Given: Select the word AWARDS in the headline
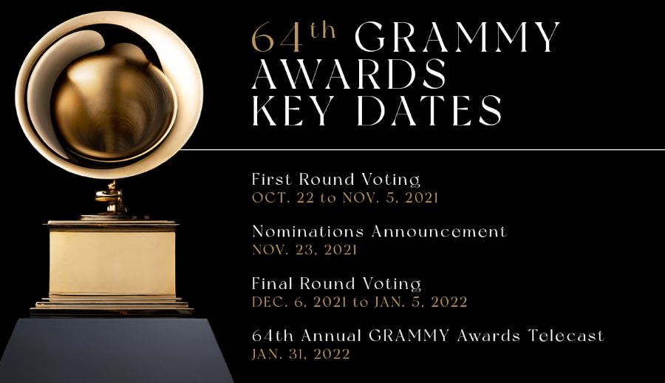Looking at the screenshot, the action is [349, 74].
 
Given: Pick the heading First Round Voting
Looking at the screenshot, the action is [336, 179].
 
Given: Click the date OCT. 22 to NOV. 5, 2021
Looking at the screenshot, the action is [345, 198].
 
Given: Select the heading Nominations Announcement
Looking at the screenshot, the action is [379, 231].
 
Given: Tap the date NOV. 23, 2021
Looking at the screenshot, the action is [304, 250].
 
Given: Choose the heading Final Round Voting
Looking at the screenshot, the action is [336, 283].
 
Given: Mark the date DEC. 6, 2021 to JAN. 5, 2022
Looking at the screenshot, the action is [360, 302].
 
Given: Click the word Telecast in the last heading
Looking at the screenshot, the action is [566, 336].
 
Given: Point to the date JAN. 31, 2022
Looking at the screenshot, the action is [301, 354].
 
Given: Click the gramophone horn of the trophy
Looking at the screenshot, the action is [109, 94].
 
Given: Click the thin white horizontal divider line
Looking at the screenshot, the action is [422, 149].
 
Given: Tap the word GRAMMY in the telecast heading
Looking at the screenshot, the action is [409, 336].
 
